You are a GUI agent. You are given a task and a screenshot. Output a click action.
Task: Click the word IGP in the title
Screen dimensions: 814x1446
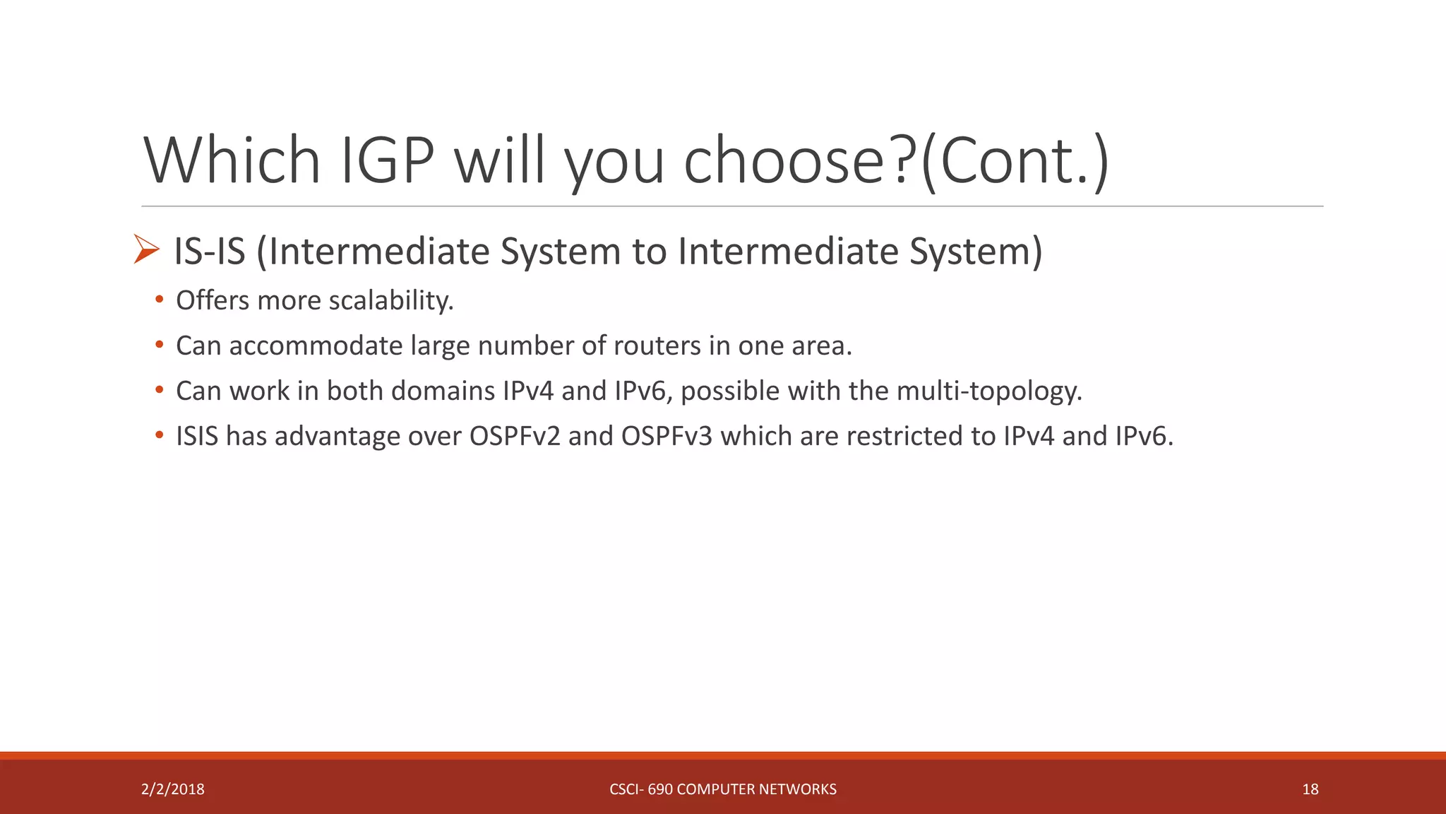[x=387, y=161]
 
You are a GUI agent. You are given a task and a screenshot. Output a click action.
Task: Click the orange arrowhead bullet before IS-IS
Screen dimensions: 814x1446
[x=146, y=249]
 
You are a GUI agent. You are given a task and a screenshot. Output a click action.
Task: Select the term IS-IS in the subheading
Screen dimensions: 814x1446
[x=210, y=252]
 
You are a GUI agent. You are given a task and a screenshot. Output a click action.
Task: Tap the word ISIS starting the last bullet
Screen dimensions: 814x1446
[x=197, y=437]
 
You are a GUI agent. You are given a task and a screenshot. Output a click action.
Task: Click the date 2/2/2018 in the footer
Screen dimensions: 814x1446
[x=172, y=789]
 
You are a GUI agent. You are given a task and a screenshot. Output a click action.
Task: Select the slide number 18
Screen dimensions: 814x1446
[x=1310, y=789]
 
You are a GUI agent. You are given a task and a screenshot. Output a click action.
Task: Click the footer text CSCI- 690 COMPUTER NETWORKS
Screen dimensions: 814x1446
[x=722, y=789]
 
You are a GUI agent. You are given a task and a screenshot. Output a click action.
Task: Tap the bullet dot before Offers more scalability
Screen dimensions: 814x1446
[x=160, y=301]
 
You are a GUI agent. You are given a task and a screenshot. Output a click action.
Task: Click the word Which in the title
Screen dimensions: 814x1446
[x=232, y=161]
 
